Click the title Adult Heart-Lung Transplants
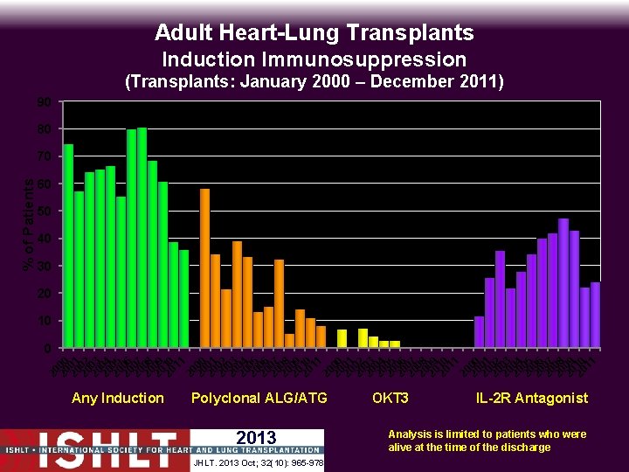tap(314, 33)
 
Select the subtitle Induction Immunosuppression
tap(314, 59)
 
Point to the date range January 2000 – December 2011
tap(314, 83)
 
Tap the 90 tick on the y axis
tap(44, 102)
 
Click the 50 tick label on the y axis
tap(44, 212)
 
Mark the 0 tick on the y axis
tap(46, 349)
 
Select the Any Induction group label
tap(117, 399)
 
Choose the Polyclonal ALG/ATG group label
tap(259, 399)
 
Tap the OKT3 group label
tap(391, 399)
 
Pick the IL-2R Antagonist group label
tap(532, 399)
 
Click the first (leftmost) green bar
tap(68, 246)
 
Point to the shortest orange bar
tap(289, 341)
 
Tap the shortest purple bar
tap(479, 332)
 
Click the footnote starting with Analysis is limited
tap(487, 441)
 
